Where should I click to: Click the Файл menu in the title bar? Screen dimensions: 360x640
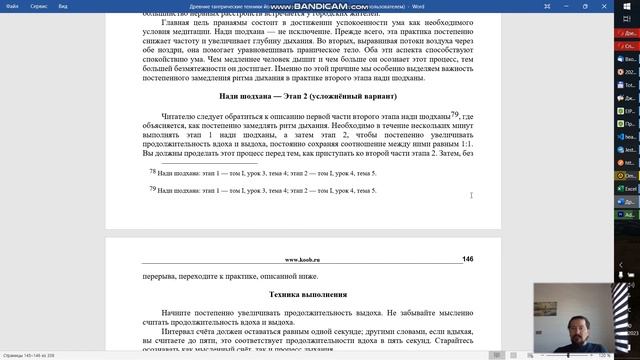12,4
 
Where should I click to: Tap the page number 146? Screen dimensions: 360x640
467,259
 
